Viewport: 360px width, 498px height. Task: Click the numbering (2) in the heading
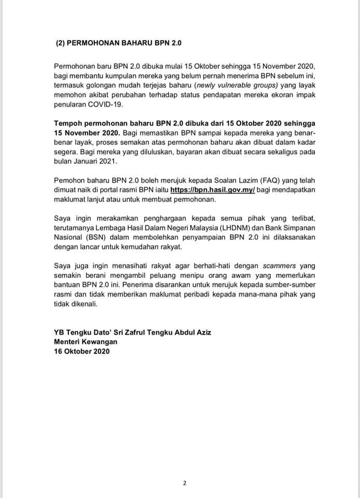click(x=60, y=44)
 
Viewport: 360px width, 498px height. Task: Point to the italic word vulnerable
click(x=236, y=86)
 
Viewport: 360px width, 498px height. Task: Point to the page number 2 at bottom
click(x=184, y=483)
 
